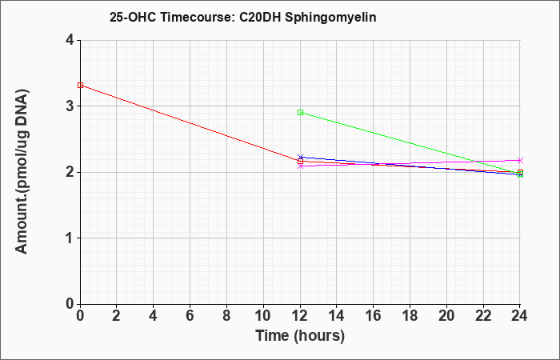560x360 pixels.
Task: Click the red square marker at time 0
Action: (80, 85)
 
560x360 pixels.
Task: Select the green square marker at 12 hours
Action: (300, 113)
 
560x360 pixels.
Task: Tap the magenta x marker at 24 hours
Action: (520, 160)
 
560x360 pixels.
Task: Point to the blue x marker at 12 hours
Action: (300, 157)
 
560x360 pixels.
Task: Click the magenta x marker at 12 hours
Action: (300, 166)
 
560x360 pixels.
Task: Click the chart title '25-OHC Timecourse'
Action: (171, 17)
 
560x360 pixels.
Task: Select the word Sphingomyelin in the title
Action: (330, 17)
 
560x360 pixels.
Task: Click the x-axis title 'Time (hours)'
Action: (300, 336)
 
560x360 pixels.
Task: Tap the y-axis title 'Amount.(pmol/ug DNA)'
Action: (22, 172)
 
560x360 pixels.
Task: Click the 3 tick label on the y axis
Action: (70, 106)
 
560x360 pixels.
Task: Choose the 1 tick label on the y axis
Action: (70, 238)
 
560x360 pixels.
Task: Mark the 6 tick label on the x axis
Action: (190, 316)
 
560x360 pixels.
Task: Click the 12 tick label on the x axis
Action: (300, 316)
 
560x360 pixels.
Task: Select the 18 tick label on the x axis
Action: (410, 316)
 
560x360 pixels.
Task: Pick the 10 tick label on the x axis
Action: (263, 316)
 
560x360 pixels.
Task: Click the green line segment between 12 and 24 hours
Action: (410, 143)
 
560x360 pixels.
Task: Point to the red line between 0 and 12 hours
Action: (190, 123)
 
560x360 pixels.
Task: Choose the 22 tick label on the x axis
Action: (483, 316)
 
